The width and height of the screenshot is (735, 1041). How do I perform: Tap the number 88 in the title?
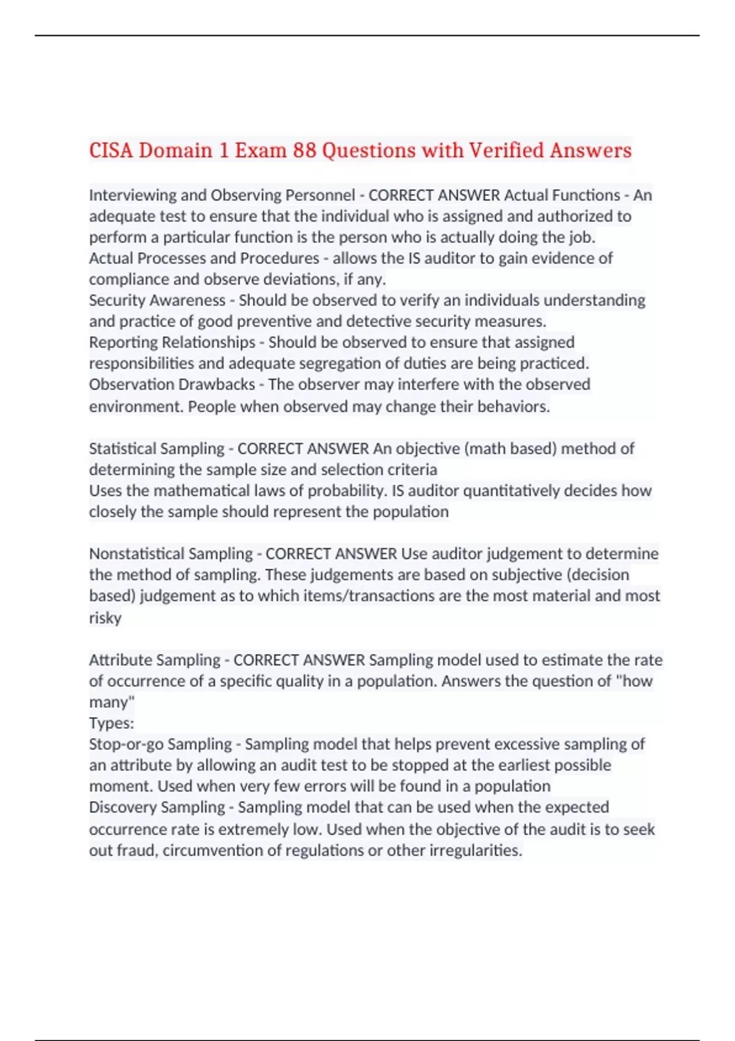(x=304, y=150)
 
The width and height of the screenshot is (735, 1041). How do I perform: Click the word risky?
(x=105, y=618)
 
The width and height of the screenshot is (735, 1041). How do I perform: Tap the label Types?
(x=111, y=724)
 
